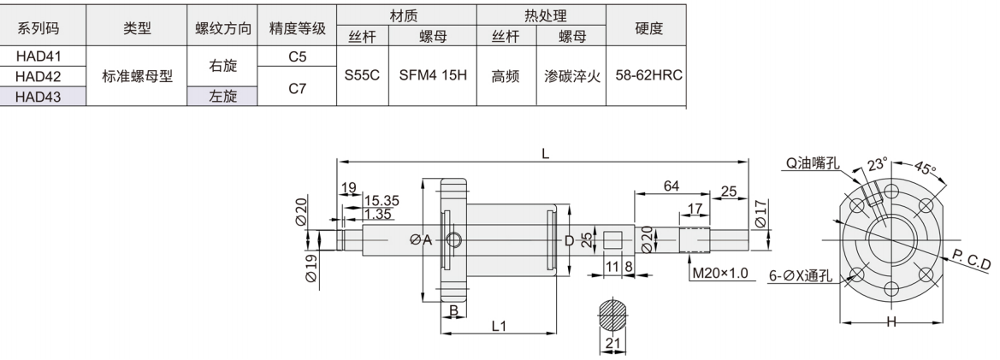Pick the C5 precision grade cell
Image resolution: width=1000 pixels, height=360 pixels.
point(298,56)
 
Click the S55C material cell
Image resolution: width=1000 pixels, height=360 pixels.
point(361,75)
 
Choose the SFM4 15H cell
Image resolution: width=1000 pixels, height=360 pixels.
point(432,75)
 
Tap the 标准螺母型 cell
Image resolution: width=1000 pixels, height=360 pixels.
point(137,76)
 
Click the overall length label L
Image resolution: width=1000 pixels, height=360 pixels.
point(545,154)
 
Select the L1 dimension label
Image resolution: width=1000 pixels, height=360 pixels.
point(499,326)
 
